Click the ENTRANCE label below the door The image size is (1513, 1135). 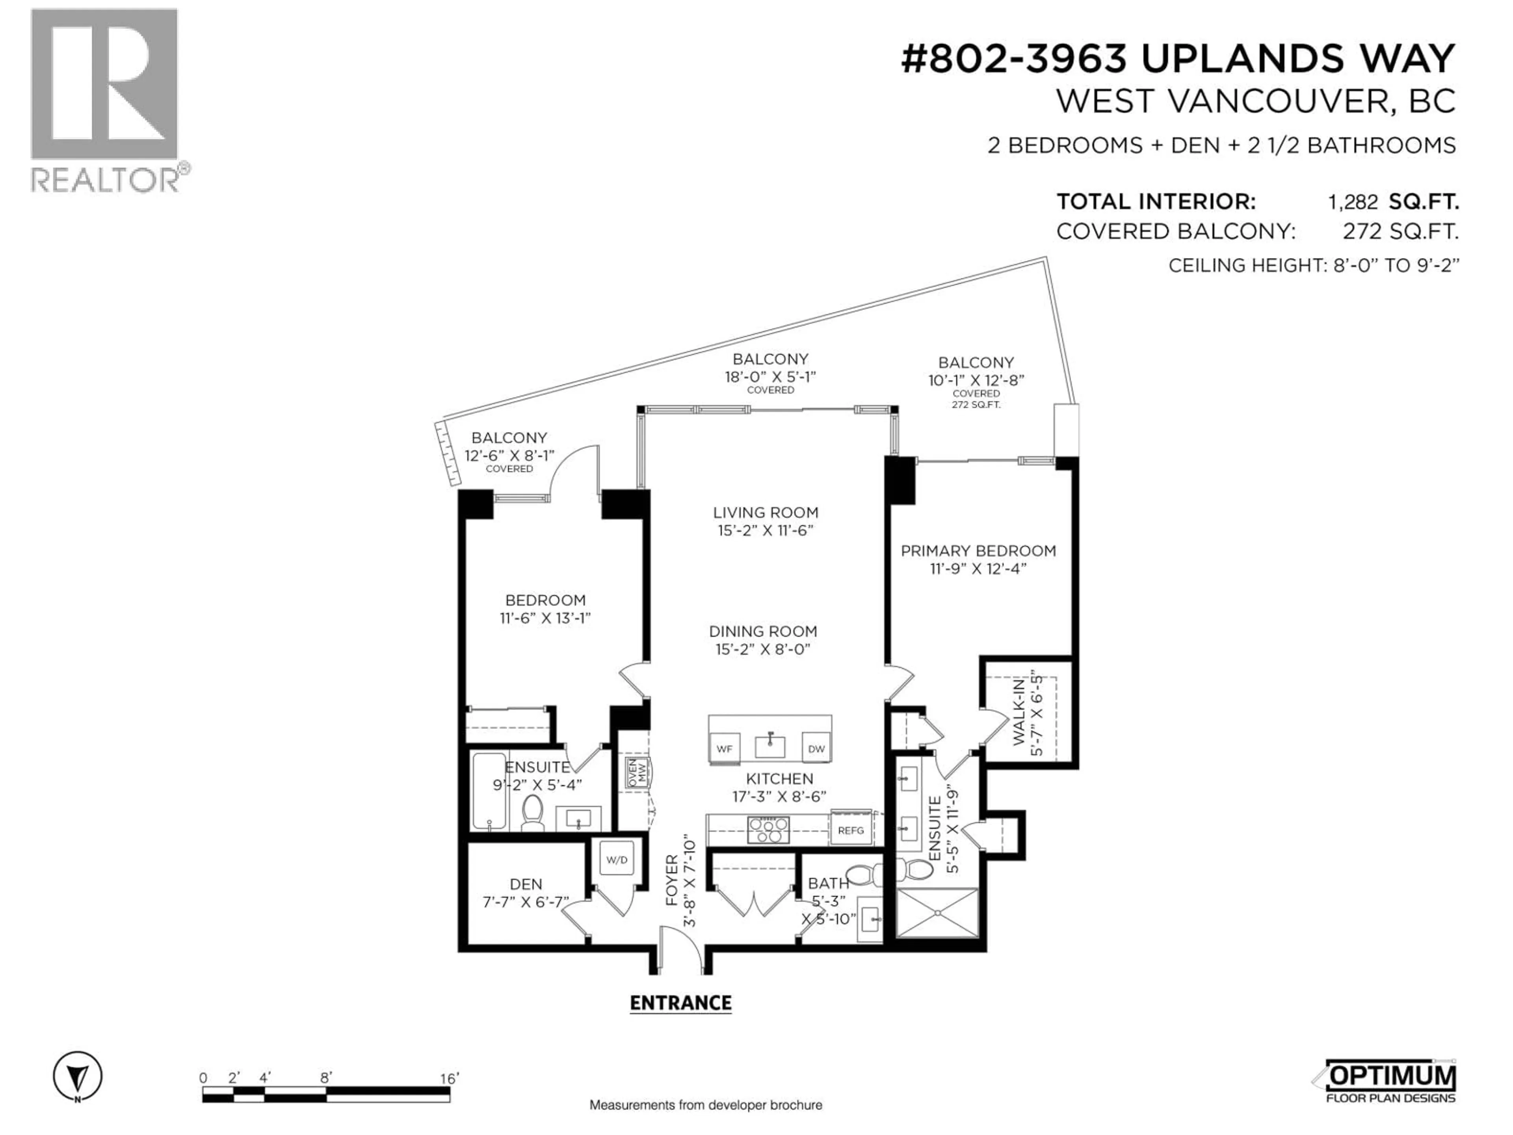tap(680, 1003)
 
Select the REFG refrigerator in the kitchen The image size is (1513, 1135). tap(851, 830)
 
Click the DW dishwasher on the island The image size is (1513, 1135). tap(816, 748)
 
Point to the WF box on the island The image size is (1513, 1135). tap(724, 748)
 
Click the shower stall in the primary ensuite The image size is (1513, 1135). tap(937, 913)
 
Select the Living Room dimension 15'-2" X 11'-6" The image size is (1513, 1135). tap(766, 530)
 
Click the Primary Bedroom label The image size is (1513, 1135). tap(978, 551)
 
